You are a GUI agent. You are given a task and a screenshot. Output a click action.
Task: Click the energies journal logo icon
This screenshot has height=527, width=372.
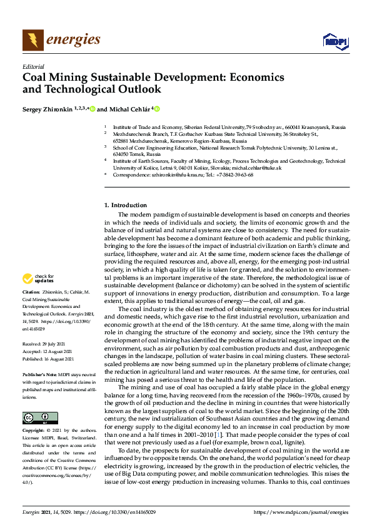click(33, 41)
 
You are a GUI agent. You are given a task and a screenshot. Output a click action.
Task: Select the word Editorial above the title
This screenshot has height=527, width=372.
click(33, 66)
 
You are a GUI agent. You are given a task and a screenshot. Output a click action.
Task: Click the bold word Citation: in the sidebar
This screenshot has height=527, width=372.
click(31, 292)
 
